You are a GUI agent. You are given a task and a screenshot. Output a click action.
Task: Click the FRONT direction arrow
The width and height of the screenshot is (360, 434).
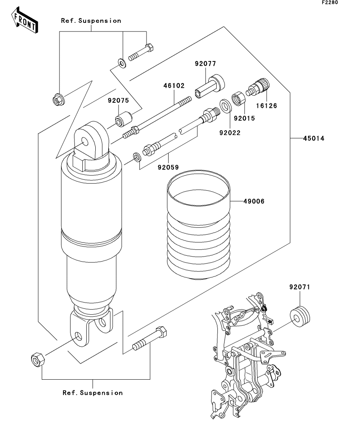[x=24, y=20]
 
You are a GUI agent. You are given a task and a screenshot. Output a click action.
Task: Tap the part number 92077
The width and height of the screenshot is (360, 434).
[x=205, y=64]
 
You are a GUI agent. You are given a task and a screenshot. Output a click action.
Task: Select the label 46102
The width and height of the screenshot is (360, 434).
[x=174, y=86]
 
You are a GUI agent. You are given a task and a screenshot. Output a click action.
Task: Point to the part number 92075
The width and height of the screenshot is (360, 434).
[x=118, y=100]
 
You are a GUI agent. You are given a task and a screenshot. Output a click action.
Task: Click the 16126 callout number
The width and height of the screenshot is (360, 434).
[x=266, y=106]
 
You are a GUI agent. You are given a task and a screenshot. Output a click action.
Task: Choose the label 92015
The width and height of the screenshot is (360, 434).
[x=244, y=118]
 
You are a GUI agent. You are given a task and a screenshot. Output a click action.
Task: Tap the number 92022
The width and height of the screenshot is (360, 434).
[x=230, y=133]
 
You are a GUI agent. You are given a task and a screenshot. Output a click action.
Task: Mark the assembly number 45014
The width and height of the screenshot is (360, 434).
[x=314, y=139]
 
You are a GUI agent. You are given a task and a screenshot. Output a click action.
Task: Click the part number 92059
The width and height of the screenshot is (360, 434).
[x=168, y=168]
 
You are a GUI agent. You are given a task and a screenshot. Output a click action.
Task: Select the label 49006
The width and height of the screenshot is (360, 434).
[x=254, y=201]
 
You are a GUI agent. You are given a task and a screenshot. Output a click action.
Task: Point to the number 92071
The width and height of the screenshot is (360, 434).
[x=300, y=287]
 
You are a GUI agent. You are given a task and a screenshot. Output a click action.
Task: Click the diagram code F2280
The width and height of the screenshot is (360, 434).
[x=330, y=2]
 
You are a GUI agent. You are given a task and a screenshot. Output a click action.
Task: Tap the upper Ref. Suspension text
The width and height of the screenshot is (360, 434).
[x=91, y=21]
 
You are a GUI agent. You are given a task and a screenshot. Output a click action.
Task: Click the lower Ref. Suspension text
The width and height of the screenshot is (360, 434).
[x=93, y=393]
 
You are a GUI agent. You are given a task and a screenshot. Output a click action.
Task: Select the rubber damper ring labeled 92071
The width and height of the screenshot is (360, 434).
[x=300, y=316]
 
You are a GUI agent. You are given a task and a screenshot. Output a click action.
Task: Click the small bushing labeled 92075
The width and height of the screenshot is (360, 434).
[x=124, y=118]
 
